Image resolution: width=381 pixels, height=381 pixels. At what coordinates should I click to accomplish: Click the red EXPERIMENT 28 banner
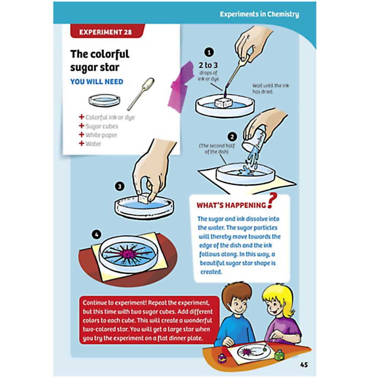[107, 31]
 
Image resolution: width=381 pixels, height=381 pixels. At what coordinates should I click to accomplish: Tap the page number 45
[304, 365]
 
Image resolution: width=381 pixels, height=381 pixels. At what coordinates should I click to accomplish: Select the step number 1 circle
[209, 52]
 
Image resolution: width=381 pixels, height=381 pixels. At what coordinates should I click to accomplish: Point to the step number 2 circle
[232, 137]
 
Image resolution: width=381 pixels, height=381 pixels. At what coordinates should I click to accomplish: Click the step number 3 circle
[119, 187]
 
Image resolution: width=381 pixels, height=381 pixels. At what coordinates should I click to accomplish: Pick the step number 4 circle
[96, 234]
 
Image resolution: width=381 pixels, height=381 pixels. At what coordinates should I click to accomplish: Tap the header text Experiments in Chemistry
[259, 14]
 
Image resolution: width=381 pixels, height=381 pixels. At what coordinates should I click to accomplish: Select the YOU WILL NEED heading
[97, 82]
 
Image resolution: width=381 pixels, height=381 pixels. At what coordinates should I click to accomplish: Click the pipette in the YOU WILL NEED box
[141, 94]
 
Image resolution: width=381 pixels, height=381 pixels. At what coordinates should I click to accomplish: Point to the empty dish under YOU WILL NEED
[104, 101]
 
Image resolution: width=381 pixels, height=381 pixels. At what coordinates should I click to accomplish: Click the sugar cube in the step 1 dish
[223, 102]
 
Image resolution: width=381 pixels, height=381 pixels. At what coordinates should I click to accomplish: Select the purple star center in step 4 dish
[128, 255]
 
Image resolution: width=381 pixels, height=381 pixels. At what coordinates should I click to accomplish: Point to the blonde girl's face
[275, 307]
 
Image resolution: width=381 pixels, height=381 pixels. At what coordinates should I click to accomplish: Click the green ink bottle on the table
[279, 355]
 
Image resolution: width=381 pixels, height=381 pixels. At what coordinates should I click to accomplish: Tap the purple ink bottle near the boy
[222, 358]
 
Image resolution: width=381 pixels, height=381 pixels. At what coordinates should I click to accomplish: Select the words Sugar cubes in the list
[102, 126]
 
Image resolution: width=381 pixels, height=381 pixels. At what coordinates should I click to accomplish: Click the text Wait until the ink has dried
[271, 89]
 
